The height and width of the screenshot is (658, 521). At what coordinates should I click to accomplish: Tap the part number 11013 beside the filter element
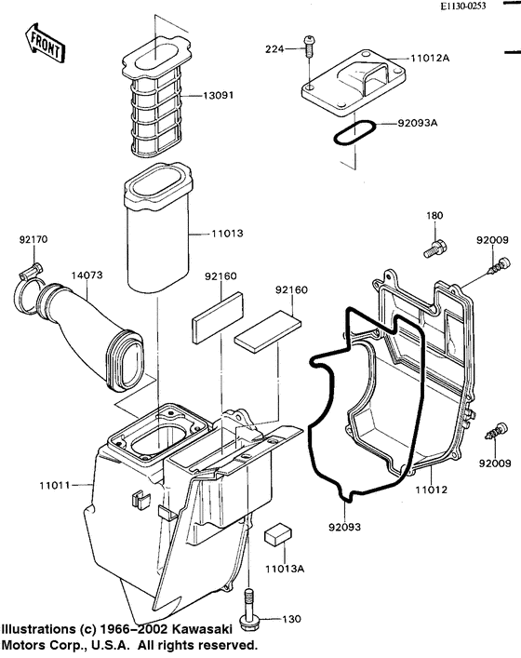click(x=223, y=236)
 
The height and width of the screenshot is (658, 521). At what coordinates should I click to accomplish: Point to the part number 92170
click(x=33, y=240)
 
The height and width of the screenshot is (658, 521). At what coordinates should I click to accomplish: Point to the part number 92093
click(x=346, y=527)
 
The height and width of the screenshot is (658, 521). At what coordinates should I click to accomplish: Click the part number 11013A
click(x=278, y=569)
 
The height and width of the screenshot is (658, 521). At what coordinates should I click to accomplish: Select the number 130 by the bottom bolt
click(x=290, y=618)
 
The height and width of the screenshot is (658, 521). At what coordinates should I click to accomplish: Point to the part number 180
click(x=434, y=216)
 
